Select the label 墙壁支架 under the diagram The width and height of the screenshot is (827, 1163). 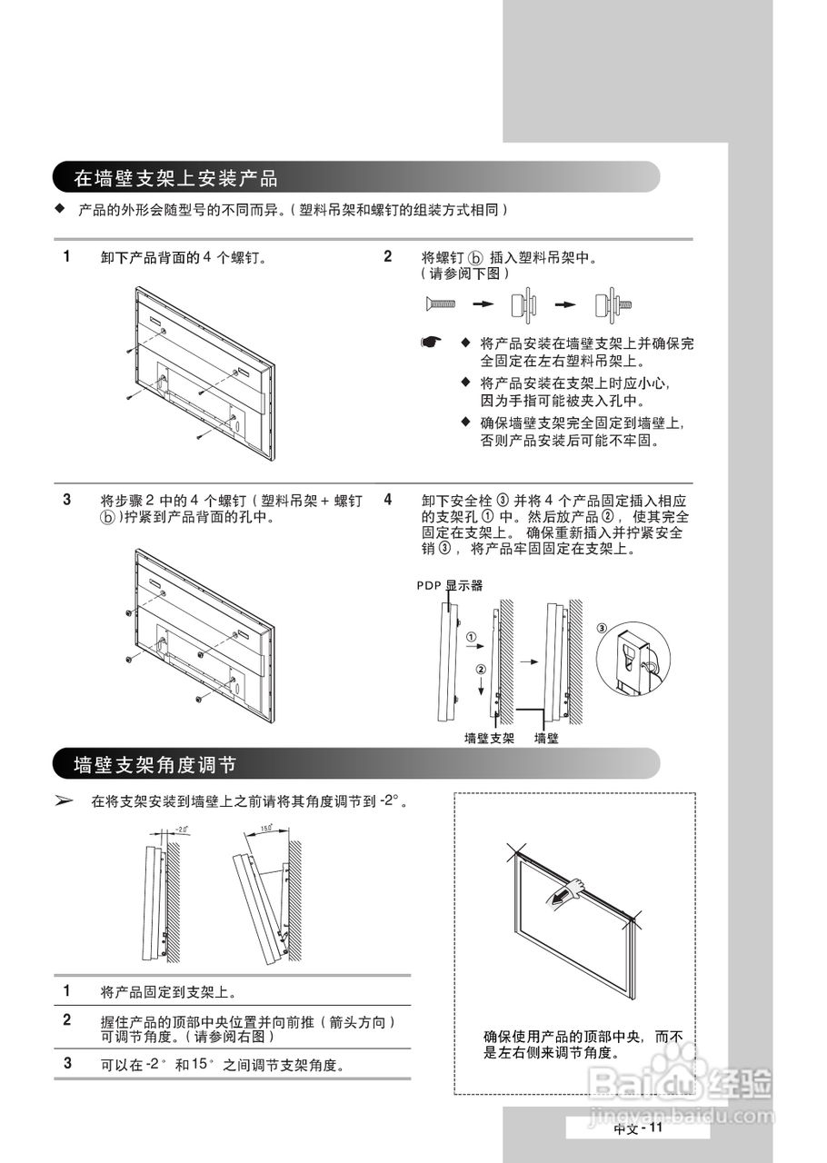pyautogui.click(x=490, y=739)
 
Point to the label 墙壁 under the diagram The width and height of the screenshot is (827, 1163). pyautogui.click(x=546, y=739)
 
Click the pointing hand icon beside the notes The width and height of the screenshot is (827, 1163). pyautogui.click(x=431, y=343)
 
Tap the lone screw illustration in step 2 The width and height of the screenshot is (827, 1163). pyautogui.click(x=438, y=303)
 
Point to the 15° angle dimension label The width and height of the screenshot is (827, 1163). pyautogui.click(x=266, y=828)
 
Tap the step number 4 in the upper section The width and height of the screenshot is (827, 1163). pyautogui.click(x=388, y=500)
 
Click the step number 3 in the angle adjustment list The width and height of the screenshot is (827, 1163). pyautogui.click(x=67, y=1062)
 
